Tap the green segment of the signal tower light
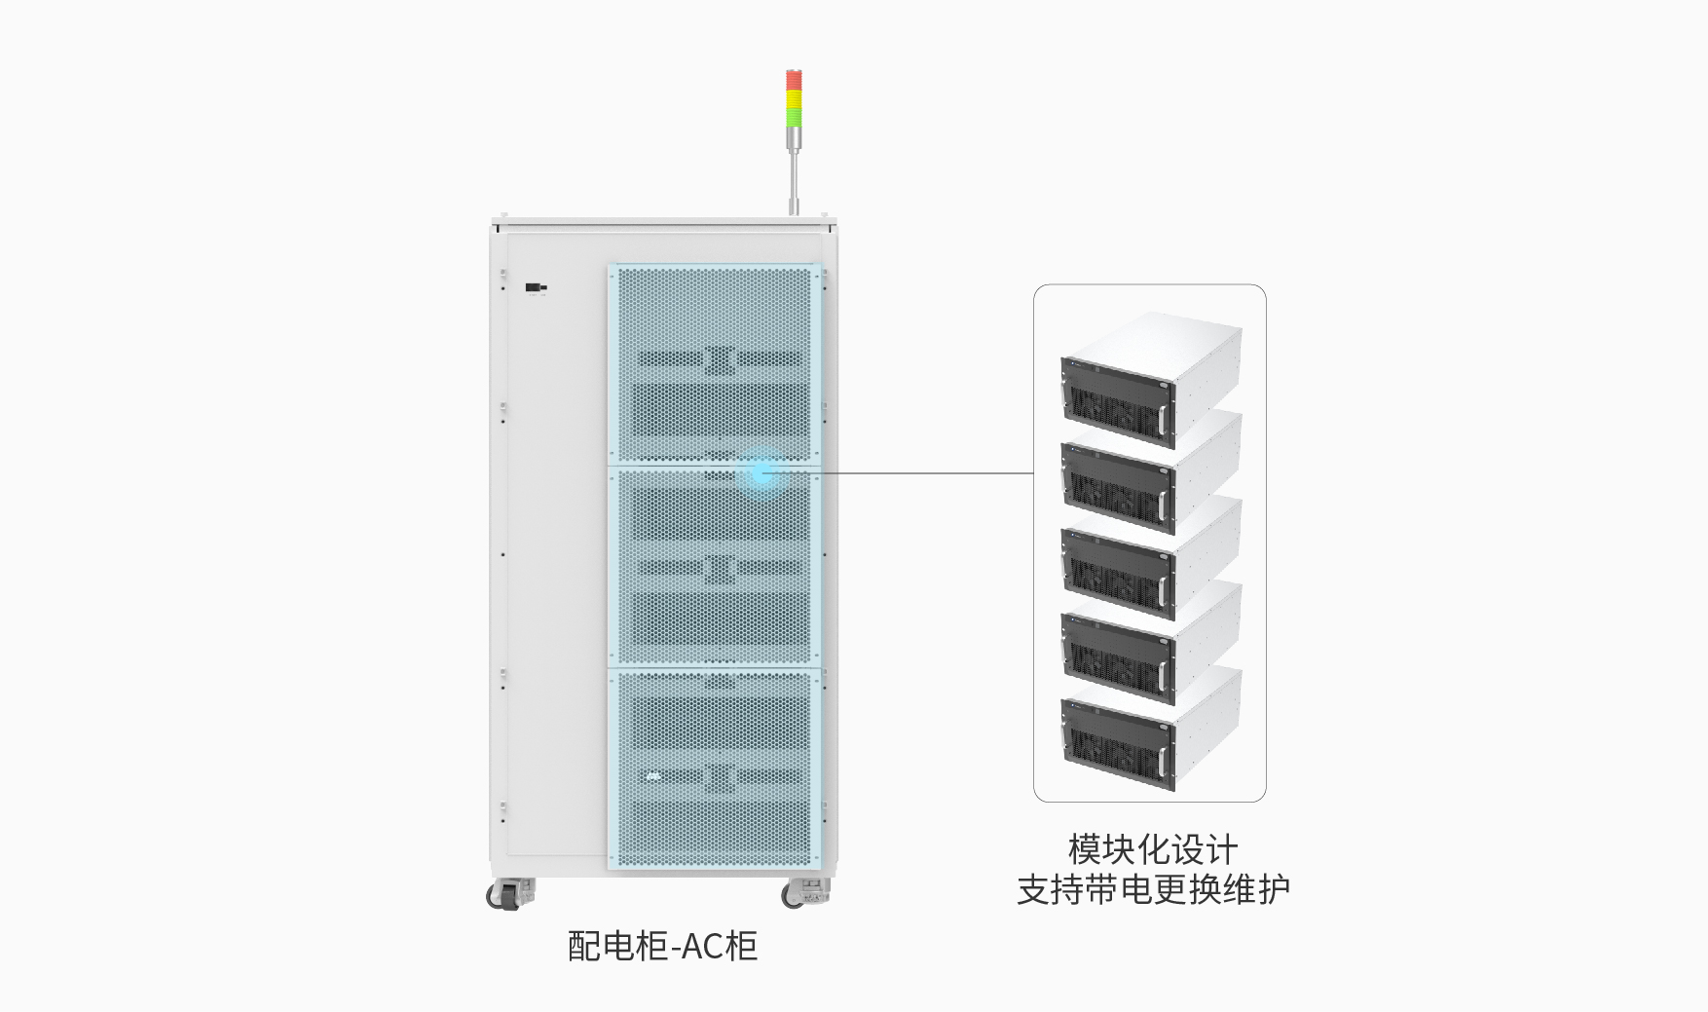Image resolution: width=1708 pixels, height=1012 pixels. (795, 116)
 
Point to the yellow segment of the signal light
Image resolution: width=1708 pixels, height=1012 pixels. (795, 97)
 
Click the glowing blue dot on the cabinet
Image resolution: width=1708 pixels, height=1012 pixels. (761, 473)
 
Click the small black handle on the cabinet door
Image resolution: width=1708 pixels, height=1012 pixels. (535, 287)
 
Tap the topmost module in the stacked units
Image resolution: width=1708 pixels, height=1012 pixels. (1149, 380)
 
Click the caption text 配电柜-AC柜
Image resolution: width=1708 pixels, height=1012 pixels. (662, 946)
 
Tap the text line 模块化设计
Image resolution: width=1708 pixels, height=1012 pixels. (1152, 849)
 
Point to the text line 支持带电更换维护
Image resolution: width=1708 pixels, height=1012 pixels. (1152, 889)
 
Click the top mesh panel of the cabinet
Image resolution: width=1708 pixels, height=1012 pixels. (714, 363)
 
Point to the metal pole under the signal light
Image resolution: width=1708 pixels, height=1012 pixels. (795, 180)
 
